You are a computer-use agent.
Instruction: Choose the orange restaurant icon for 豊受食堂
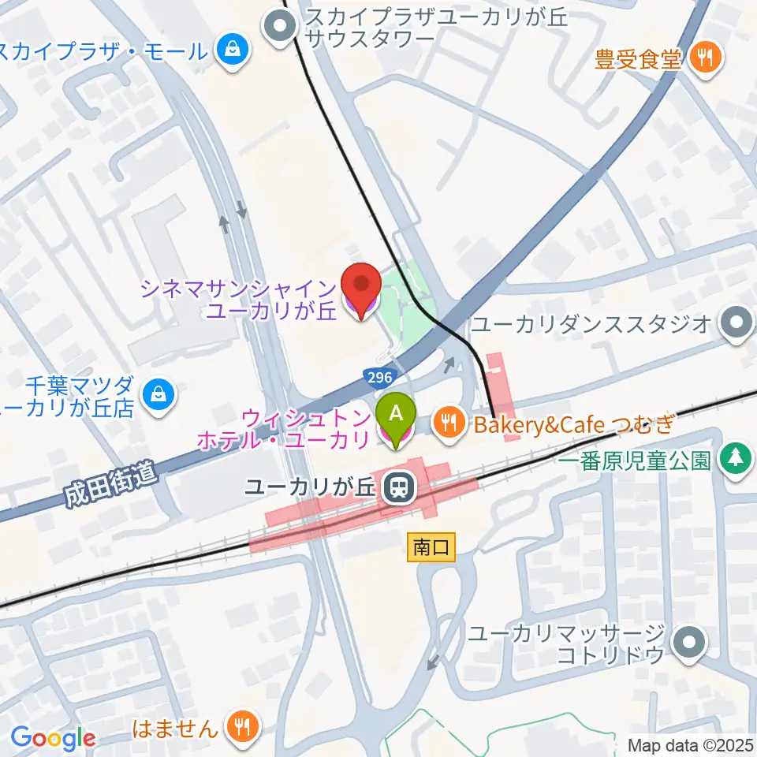[706, 58]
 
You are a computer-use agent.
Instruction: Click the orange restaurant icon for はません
[241, 726]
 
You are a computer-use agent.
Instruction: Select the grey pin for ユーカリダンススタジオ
[736, 323]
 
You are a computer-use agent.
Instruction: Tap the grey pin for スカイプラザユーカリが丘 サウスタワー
[280, 27]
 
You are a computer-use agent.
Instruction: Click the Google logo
[53, 737]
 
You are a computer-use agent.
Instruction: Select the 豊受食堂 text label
[638, 58]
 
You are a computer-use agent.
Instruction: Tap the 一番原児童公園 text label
[636, 461]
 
